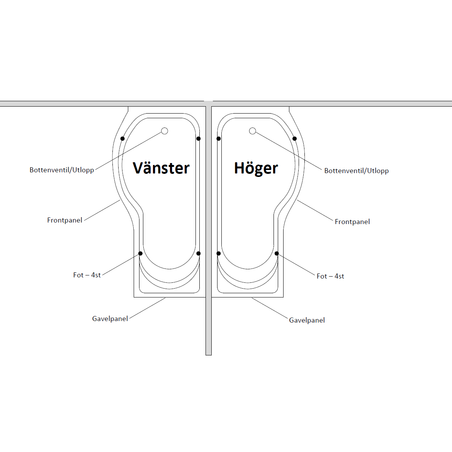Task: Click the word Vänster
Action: pyautogui.click(x=161, y=168)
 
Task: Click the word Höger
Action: pyautogui.click(x=256, y=168)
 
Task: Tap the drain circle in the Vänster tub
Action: pyautogui.click(x=165, y=131)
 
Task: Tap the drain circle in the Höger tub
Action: pyautogui.click(x=252, y=131)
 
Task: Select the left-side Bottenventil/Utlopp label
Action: pyautogui.click(x=62, y=170)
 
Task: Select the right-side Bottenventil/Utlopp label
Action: pyautogui.click(x=356, y=171)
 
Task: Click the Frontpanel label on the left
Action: pyautogui.click(x=65, y=220)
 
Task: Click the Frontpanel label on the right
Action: pyautogui.click(x=352, y=222)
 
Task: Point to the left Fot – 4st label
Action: pyautogui.click(x=87, y=275)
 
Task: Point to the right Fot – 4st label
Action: pyautogui.click(x=330, y=276)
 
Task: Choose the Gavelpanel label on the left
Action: pyautogui.click(x=110, y=319)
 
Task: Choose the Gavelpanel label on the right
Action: pyautogui.click(x=307, y=320)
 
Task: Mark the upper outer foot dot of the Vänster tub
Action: pyautogui.click(x=122, y=139)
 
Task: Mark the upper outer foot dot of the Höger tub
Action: pyautogui.click(x=294, y=139)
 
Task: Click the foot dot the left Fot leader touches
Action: pyautogui.click(x=140, y=253)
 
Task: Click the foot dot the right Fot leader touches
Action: pyautogui.click(x=277, y=253)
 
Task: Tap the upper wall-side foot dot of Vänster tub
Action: pyautogui.click(x=199, y=139)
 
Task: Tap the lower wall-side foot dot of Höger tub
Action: pyautogui.click(x=219, y=253)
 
